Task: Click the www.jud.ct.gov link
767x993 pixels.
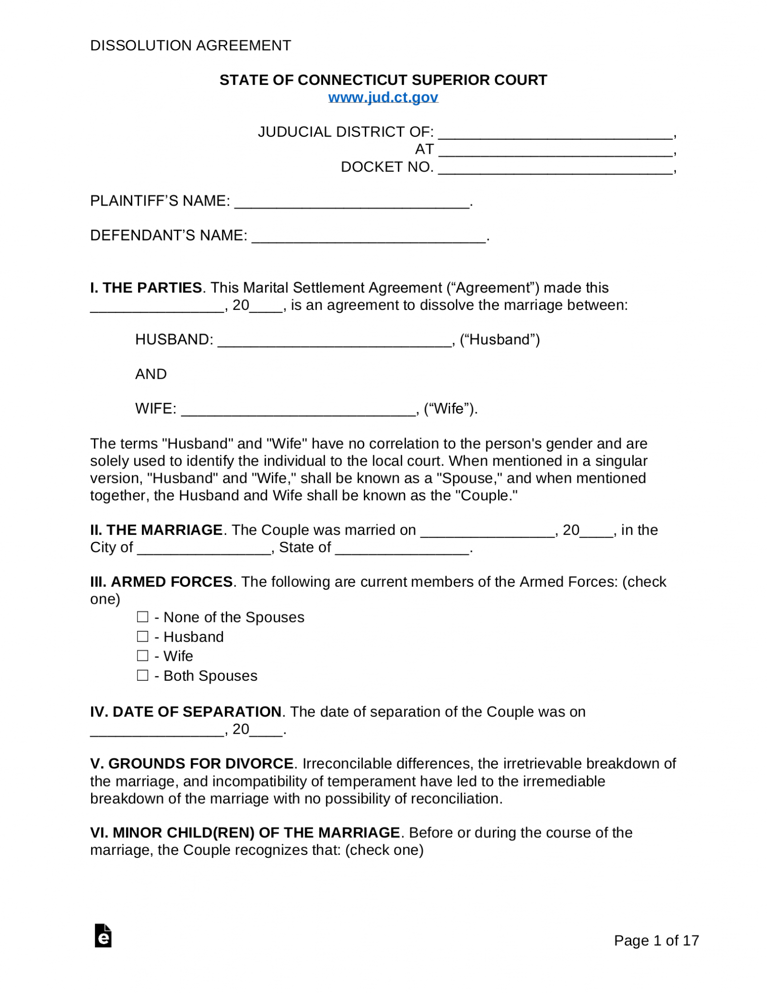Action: pyautogui.click(x=383, y=97)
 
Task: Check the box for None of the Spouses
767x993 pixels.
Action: pyautogui.click(x=142, y=617)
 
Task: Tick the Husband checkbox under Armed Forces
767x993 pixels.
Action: pyautogui.click(x=142, y=636)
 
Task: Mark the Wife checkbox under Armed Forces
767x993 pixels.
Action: pyautogui.click(x=142, y=656)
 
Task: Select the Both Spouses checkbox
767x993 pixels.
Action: pyautogui.click(x=142, y=675)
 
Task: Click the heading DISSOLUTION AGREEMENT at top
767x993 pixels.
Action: pyautogui.click(x=190, y=46)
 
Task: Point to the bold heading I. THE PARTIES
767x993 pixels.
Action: pyautogui.click(x=146, y=288)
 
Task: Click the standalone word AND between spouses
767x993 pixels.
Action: pyautogui.click(x=151, y=374)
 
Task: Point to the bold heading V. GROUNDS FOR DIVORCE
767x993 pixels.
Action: pyautogui.click(x=192, y=763)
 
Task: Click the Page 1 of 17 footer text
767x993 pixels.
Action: pyautogui.click(x=656, y=940)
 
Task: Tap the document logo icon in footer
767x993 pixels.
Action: pyautogui.click(x=103, y=935)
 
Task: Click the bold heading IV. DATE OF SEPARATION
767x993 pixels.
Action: pyautogui.click(x=186, y=711)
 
